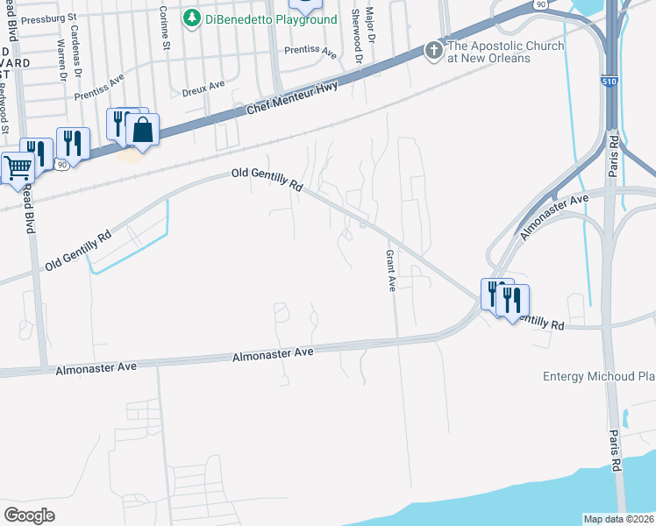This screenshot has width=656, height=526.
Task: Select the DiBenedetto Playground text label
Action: [271, 19]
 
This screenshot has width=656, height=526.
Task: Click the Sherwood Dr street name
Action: [356, 31]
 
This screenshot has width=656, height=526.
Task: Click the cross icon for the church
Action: [433, 51]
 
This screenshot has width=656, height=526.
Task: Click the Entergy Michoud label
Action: [599, 376]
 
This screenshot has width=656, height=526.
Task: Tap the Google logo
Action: [29, 515]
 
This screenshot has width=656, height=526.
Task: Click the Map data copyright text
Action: [618, 519]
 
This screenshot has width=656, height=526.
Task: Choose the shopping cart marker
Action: [18, 167]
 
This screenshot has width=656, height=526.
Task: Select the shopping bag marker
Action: [141, 131]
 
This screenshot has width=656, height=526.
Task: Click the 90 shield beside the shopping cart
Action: [61, 164]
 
